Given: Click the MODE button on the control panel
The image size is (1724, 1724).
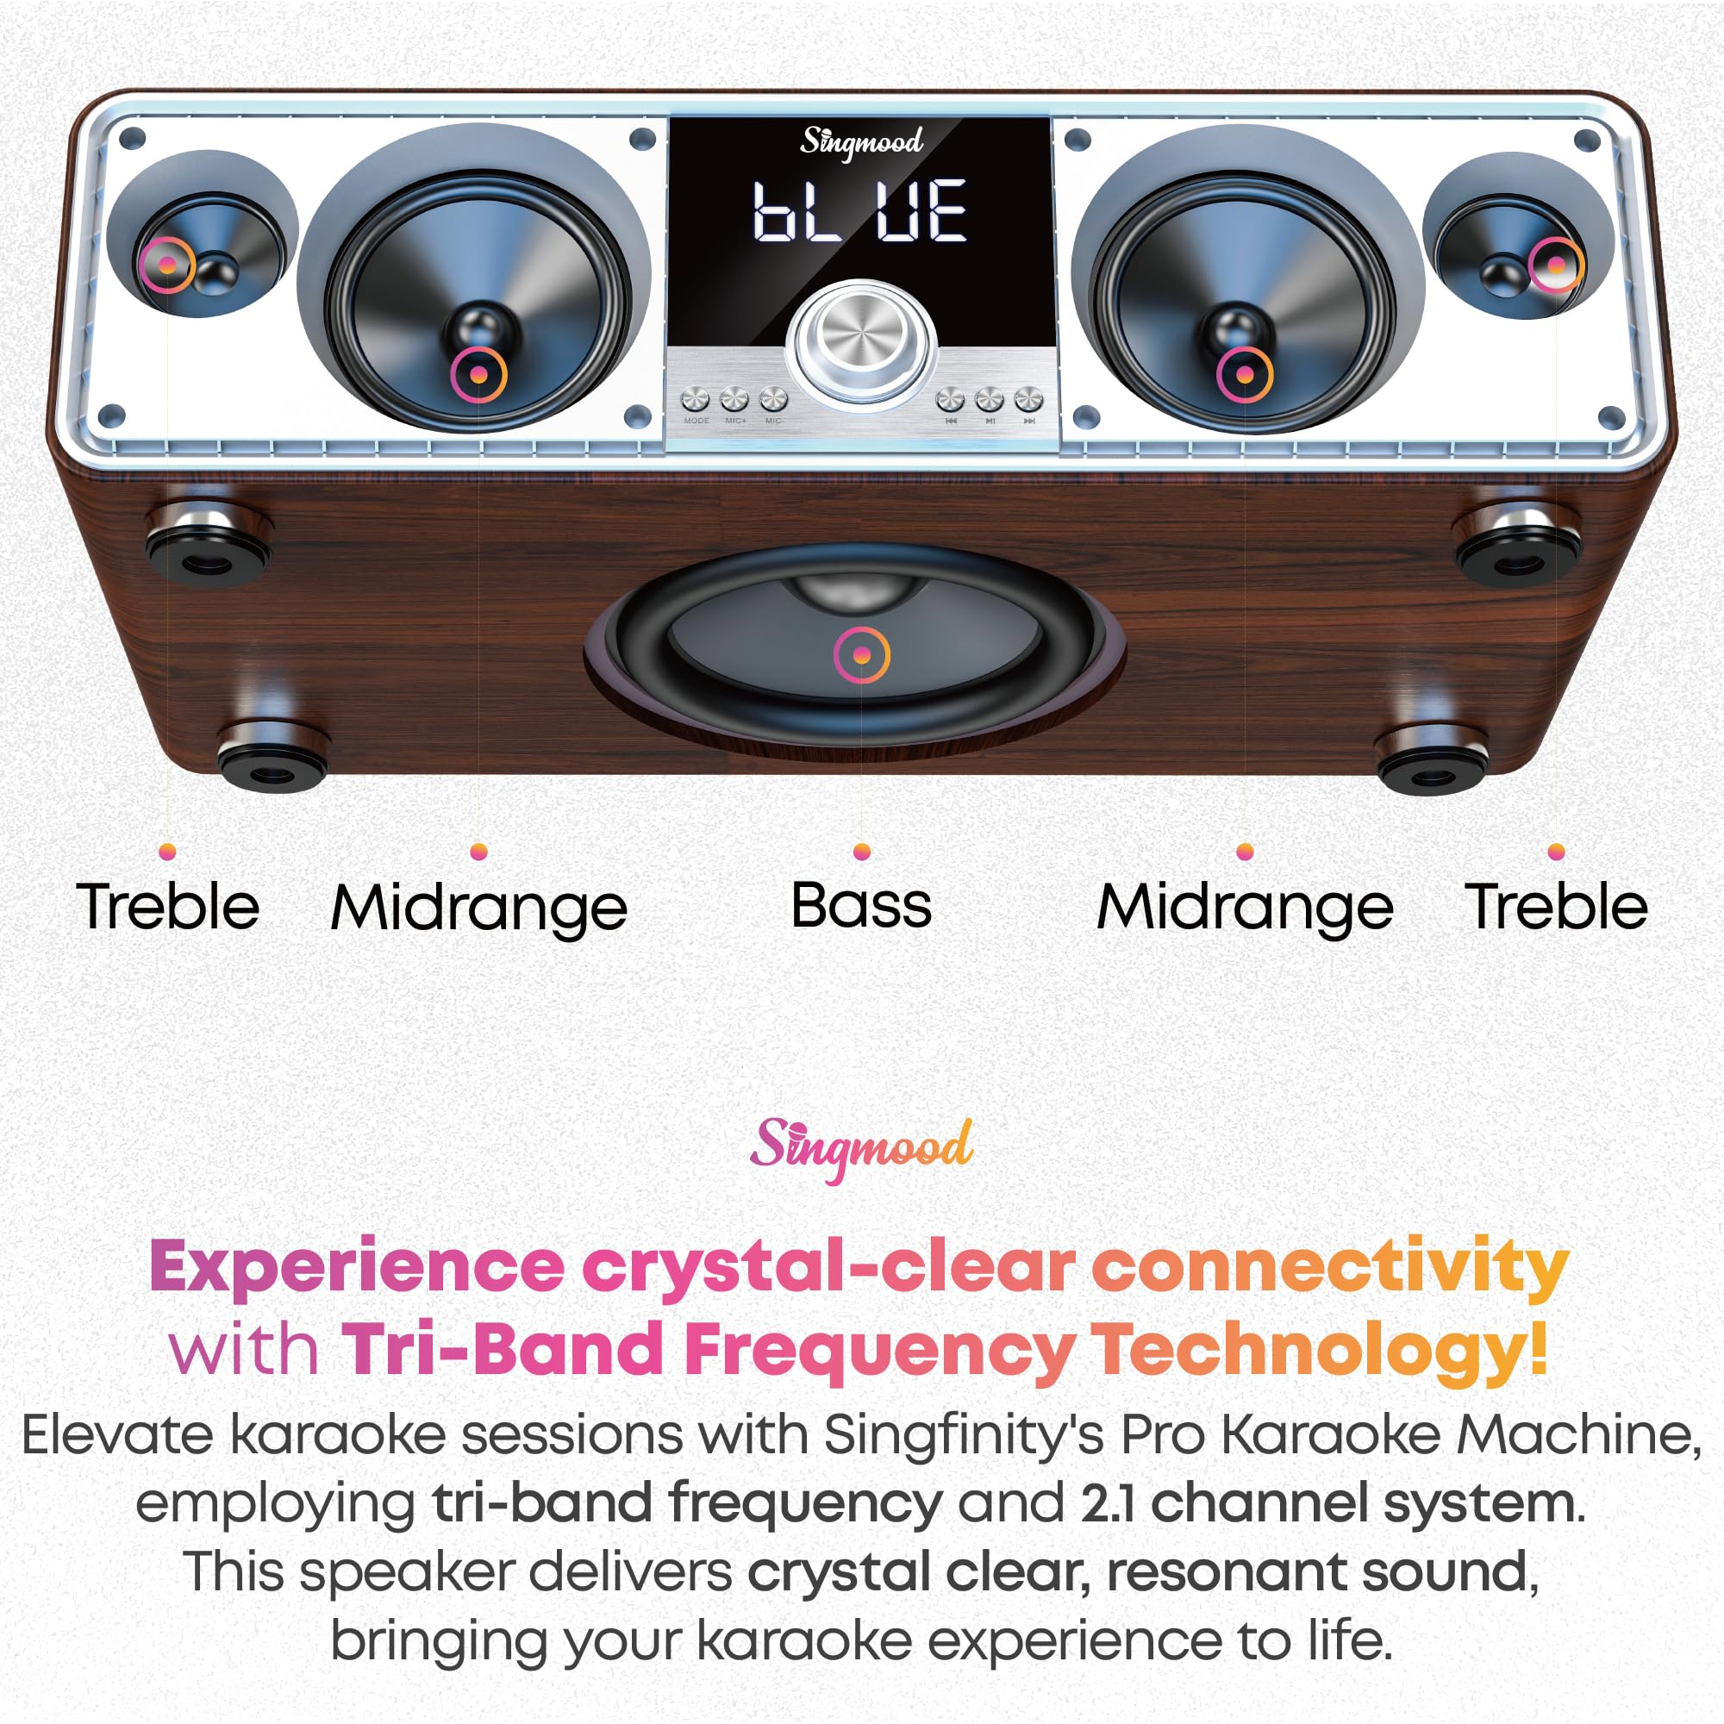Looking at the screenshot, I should pos(695,399).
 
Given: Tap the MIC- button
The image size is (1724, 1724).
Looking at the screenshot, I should pos(774,398).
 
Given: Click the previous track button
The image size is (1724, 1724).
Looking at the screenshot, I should pos(950,399).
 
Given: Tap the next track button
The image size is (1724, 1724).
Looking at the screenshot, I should pos(1029,399).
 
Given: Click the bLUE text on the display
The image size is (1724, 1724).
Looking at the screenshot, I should pos(859,211).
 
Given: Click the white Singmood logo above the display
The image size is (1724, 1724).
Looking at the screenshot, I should pos(860,143).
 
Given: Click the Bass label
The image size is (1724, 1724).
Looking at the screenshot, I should pos(861,906).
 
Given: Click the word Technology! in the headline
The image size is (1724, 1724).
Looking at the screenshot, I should pos(1321,1350).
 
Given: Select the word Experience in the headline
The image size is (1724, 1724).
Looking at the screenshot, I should pos(357,1268).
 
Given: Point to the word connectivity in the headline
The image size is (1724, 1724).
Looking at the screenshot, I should pos(1329,1268).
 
